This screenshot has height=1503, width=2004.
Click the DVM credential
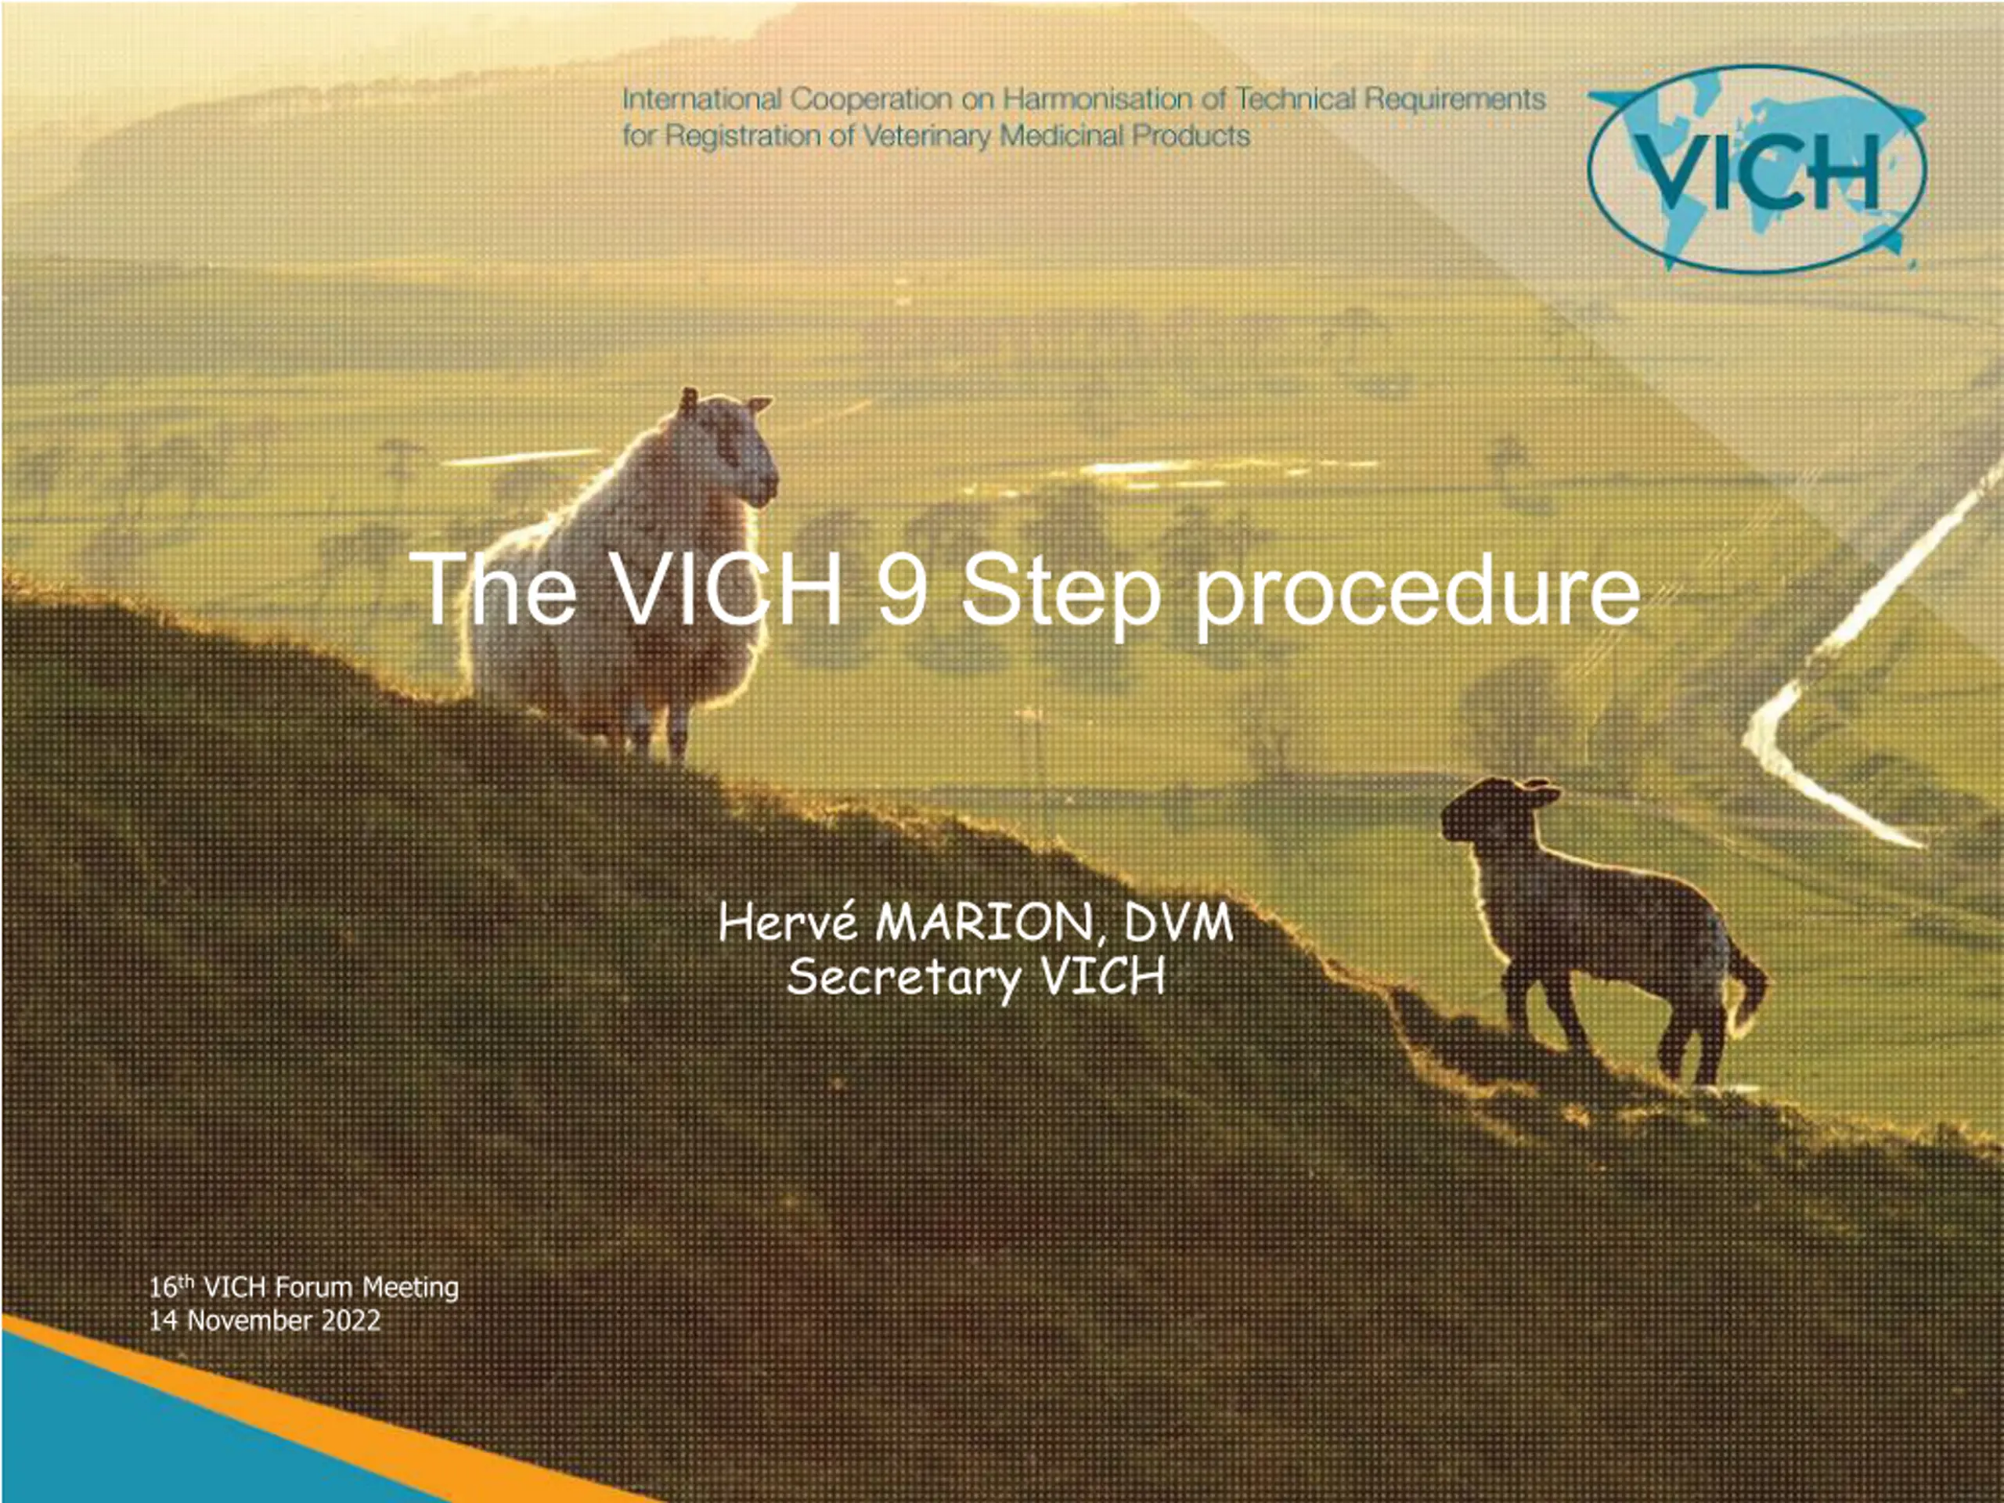(x=1178, y=924)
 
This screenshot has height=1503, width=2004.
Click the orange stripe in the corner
(x=317, y=1413)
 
